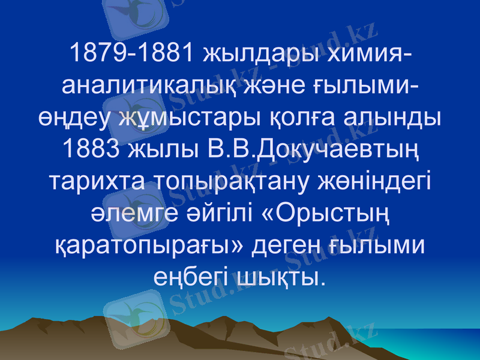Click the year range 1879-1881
[x=133, y=54]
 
